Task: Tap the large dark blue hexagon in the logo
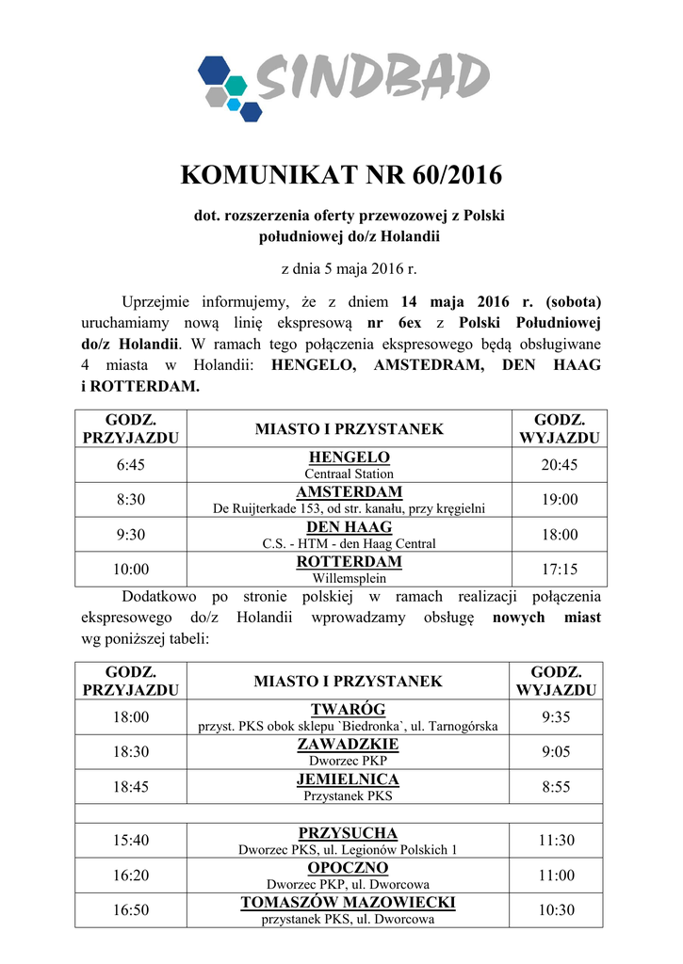click(214, 71)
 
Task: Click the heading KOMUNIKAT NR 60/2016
click(341, 176)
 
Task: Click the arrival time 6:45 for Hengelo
click(131, 465)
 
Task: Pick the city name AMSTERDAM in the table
click(349, 492)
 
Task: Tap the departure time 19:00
click(560, 500)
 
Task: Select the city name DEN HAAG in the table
click(349, 527)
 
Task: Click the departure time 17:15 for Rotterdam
click(560, 570)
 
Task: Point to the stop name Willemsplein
click(349, 578)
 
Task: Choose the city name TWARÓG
click(349, 709)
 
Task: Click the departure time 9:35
click(556, 717)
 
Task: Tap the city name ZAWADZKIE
click(349, 744)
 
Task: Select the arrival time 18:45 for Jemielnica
click(131, 787)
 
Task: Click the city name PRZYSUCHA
click(349, 833)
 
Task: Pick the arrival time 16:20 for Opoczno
click(131, 876)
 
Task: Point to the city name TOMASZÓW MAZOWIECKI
click(349, 903)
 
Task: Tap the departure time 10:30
click(556, 910)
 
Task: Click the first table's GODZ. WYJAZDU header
click(560, 428)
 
